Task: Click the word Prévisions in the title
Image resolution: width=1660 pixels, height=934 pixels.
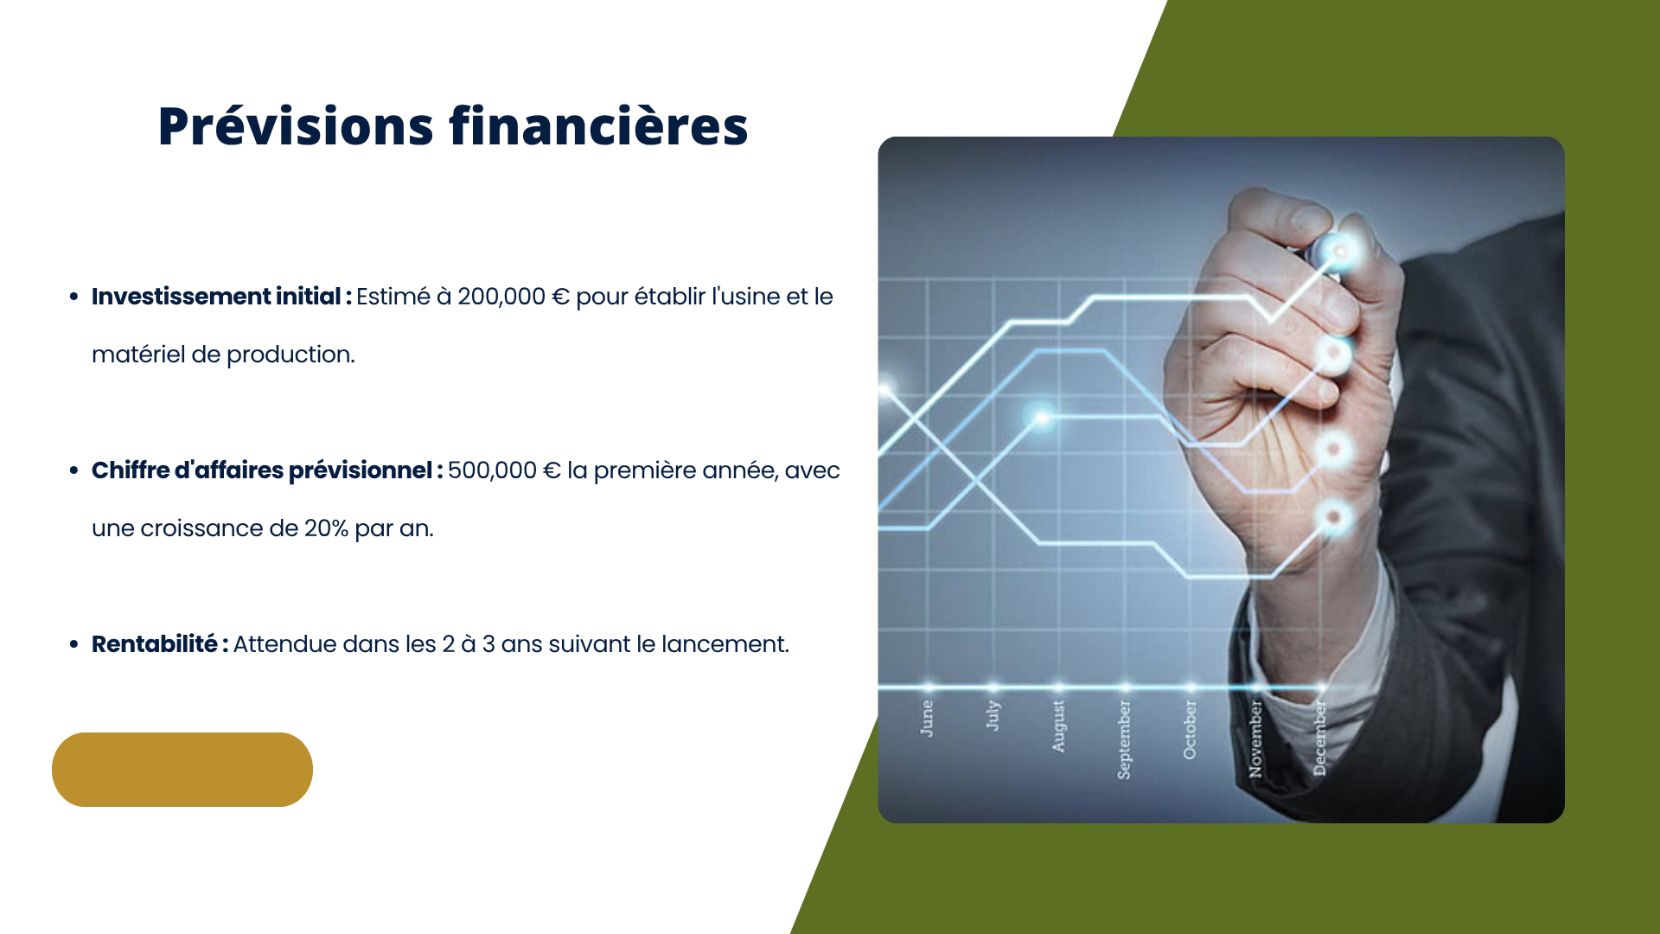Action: click(296, 127)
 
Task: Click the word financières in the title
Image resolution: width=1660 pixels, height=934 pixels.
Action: click(598, 125)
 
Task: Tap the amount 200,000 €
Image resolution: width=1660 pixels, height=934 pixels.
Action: click(514, 297)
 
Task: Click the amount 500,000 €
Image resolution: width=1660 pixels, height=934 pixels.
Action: click(504, 470)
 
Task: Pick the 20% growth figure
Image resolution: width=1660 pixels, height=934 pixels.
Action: click(326, 528)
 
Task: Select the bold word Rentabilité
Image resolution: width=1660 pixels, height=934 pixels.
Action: click(155, 644)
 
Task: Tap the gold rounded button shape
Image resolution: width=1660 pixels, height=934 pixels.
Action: click(182, 770)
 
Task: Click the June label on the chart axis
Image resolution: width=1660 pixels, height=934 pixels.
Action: click(927, 719)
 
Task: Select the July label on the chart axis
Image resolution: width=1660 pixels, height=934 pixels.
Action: click(993, 715)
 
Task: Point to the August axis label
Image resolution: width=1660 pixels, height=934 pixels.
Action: click(1058, 726)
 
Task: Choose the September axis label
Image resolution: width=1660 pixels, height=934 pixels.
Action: click(1124, 739)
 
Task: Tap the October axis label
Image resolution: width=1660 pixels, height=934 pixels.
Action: click(1190, 730)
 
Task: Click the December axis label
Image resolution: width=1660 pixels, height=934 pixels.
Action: click(1320, 739)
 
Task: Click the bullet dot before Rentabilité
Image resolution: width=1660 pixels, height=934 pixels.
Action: click(73, 644)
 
